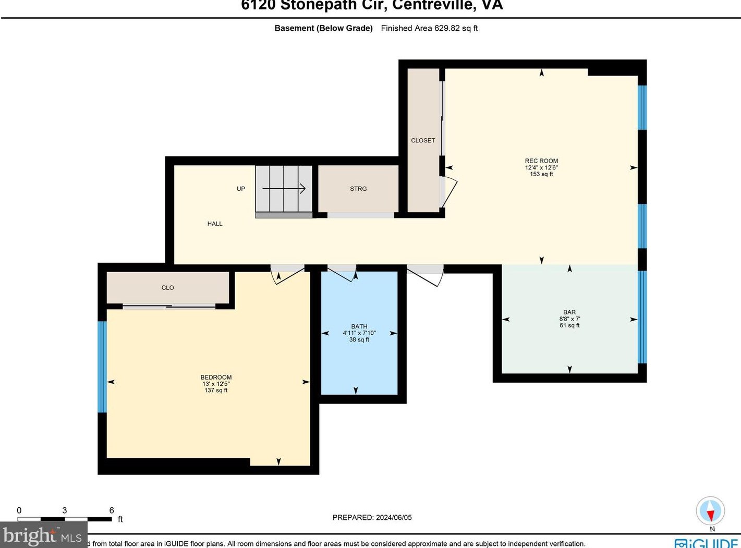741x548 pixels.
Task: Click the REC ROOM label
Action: (x=541, y=161)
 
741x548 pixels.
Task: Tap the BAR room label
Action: (x=569, y=312)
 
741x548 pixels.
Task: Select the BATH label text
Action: (x=359, y=326)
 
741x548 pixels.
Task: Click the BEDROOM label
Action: (x=216, y=377)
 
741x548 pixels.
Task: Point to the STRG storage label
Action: (x=358, y=189)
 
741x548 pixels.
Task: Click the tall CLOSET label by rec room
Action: (x=423, y=140)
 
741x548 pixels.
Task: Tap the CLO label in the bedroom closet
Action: (x=167, y=288)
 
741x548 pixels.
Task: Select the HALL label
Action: (x=215, y=224)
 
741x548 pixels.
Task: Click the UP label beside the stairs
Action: (x=241, y=189)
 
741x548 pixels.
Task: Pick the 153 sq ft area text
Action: (x=541, y=174)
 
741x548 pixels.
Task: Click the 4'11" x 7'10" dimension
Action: (x=359, y=333)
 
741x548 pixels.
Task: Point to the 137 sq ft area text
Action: (x=216, y=391)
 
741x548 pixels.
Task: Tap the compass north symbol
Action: (x=710, y=512)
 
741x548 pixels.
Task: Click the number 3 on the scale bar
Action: (x=64, y=510)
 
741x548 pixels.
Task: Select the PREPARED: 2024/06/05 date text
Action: (x=372, y=517)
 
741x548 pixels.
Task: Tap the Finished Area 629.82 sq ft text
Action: (x=429, y=28)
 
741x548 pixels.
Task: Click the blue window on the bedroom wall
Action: (x=102, y=367)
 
